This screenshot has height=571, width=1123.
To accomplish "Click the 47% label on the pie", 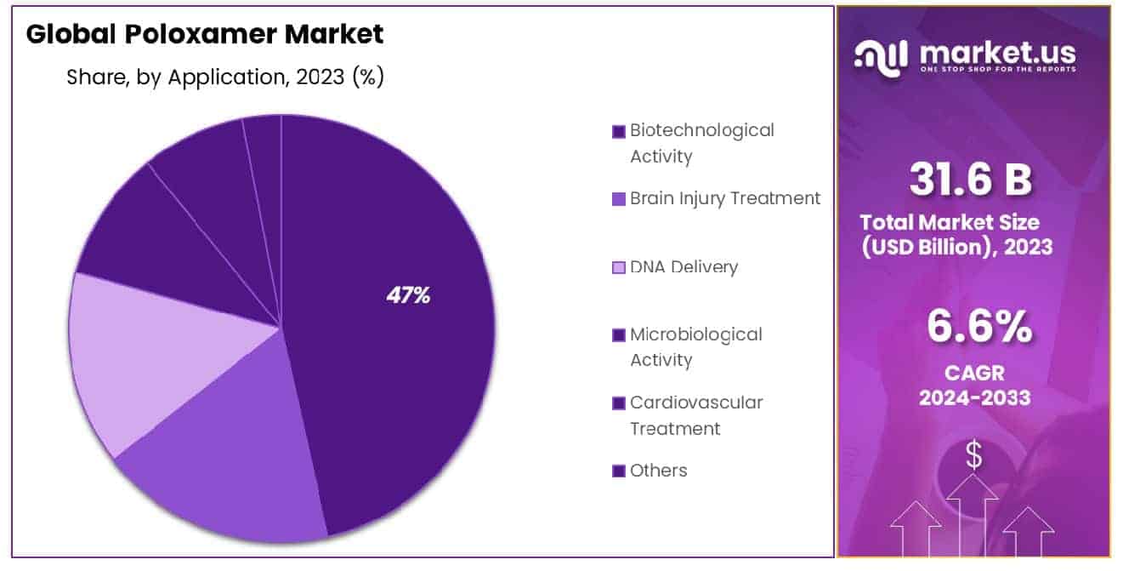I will pyautogui.click(x=408, y=295).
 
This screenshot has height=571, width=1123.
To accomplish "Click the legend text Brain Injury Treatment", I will pyautogui.click(x=725, y=198).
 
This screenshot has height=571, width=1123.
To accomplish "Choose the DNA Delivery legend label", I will pyautogui.click(x=683, y=266).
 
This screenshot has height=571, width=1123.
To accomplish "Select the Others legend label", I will pyautogui.click(x=658, y=471).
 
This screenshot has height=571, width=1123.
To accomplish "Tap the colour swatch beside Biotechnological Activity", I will pyautogui.click(x=618, y=131).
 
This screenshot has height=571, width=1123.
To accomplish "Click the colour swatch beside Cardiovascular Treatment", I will pyautogui.click(x=618, y=403).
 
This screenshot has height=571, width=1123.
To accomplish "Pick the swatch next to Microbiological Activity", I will pyautogui.click(x=618, y=335).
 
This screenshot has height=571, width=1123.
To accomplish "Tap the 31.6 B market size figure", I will pyautogui.click(x=970, y=180).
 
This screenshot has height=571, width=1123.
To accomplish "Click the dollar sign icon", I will pyautogui.click(x=973, y=456).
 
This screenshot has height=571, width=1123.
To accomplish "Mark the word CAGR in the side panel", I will pyautogui.click(x=973, y=373).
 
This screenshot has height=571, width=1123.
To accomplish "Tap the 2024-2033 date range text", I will pyautogui.click(x=973, y=397).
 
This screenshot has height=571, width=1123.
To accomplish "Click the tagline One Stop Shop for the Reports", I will pyautogui.click(x=997, y=69).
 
